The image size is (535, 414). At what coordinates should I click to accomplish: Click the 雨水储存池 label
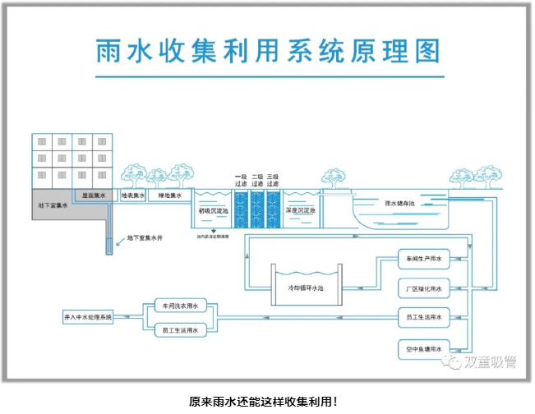400,203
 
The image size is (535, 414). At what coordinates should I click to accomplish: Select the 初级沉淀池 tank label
213,210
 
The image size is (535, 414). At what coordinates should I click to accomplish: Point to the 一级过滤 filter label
240,180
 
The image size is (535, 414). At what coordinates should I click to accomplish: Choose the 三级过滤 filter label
273,180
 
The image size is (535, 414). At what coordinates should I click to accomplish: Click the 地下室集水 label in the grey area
53,205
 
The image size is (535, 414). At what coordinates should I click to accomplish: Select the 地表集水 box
133,196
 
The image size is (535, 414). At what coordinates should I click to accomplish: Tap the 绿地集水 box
169,196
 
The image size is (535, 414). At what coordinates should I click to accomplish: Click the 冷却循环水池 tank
305,288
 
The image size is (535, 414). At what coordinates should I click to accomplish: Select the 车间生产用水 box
424,260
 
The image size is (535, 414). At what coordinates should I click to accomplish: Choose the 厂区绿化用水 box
424,289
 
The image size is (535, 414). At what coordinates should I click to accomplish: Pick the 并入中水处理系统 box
89,316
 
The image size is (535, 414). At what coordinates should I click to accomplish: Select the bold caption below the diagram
263,402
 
